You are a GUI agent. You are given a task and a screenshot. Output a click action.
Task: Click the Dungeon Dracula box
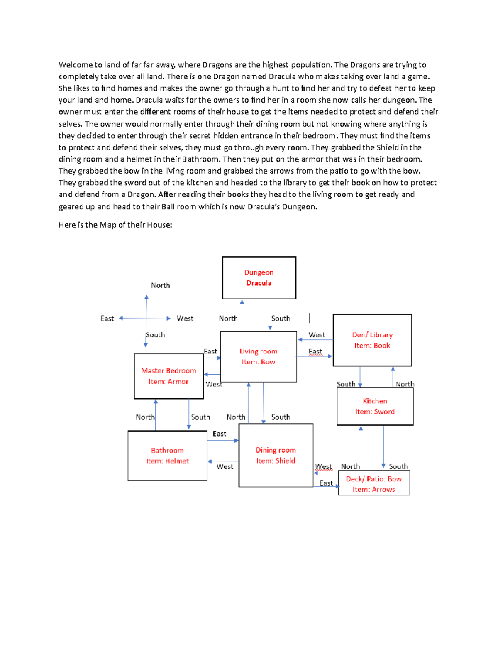(259, 277)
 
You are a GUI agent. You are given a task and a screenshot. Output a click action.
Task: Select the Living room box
(258, 356)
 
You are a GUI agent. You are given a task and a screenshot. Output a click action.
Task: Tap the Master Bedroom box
(168, 376)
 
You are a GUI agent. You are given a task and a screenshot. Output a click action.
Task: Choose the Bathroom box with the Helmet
(167, 456)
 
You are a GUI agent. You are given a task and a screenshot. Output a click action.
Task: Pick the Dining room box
(276, 455)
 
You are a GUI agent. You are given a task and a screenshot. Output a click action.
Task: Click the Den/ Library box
(372, 340)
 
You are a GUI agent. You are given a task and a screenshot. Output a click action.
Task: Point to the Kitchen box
(375, 406)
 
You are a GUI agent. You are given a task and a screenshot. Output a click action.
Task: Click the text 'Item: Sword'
(375, 412)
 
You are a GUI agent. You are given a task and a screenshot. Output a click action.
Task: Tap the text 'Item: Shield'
(276, 461)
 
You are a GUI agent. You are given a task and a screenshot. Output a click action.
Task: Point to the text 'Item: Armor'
(168, 382)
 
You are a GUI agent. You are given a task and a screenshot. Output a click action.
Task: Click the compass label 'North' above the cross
(160, 285)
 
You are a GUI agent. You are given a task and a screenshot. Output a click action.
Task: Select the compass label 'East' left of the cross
(107, 319)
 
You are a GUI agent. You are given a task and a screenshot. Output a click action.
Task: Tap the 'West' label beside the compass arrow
(185, 319)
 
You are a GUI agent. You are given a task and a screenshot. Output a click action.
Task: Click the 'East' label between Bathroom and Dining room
(219, 434)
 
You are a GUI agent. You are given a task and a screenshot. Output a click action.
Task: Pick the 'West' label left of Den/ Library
(317, 335)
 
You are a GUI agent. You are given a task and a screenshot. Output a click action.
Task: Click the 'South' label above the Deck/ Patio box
(398, 466)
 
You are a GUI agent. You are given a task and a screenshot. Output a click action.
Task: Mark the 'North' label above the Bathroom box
(145, 417)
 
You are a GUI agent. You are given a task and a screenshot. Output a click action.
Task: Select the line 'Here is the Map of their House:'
(115, 225)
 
